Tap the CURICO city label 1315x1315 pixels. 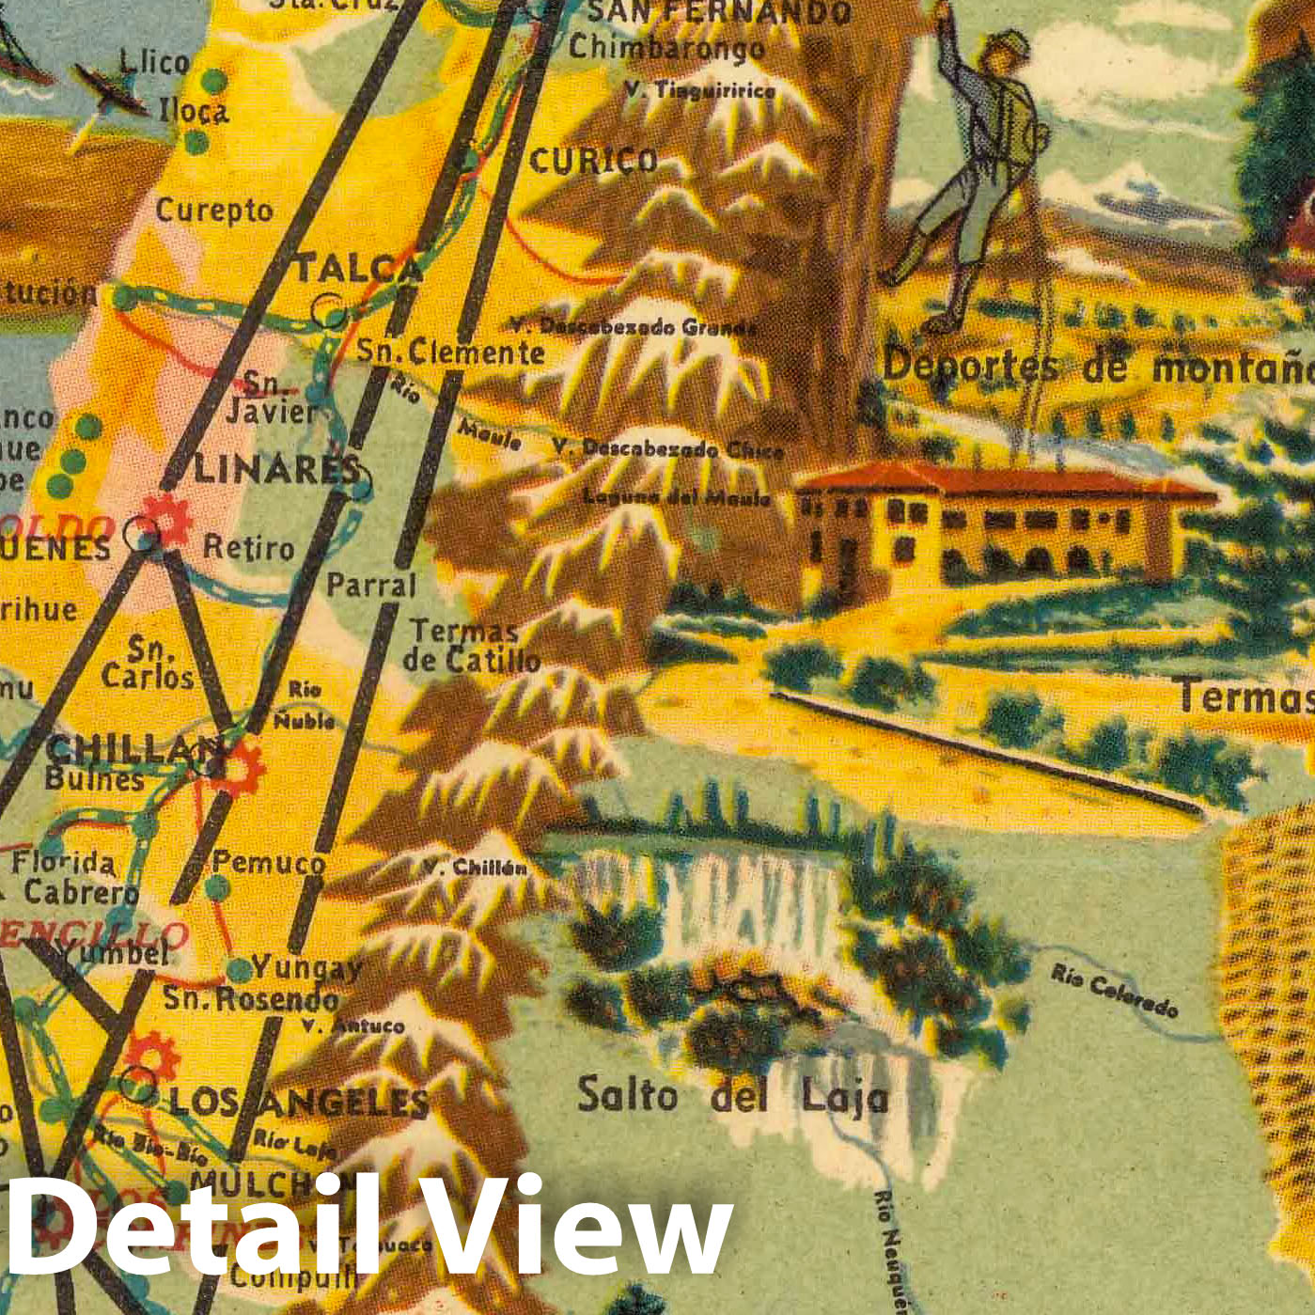[x=592, y=161]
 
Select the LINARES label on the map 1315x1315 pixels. [x=278, y=469]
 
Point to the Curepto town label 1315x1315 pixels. [x=214, y=211]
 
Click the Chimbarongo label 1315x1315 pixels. [x=665, y=47]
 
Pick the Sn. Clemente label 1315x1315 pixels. [x=450, y=352]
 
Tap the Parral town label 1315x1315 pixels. [x=371, y=585]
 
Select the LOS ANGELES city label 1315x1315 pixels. [x=298, y=1102]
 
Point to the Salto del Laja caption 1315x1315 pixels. [x=732, y=1096]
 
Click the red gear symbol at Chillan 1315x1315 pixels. [x=236, y=764]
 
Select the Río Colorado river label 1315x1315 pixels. [x=1114, y=992]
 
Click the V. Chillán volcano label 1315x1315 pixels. [x=475, y=867]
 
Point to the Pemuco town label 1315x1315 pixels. [x=269, y=862]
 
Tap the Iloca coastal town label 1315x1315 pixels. [x=194, y=111]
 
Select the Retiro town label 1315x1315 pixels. [x=249, y=547]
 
